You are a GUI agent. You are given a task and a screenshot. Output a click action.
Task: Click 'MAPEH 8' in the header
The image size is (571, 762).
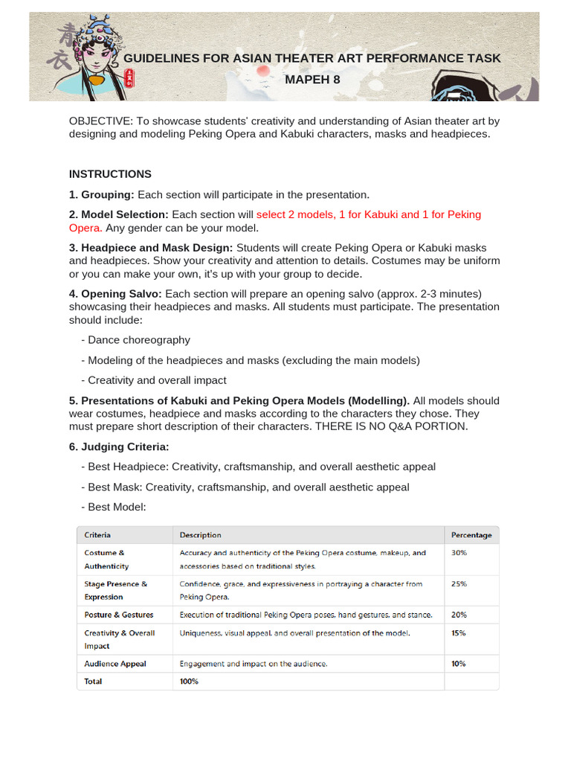pyautogui.click(x=312, y=79)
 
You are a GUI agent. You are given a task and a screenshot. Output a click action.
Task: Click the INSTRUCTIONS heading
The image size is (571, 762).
pyautogui.click(x=110, y=174)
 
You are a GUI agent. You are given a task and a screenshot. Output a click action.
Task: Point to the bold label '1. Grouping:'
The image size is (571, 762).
pyautogui.click(x=102, y=195)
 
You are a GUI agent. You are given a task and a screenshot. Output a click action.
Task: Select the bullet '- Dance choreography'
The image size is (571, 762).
pyautogui.click(x=135, y=340)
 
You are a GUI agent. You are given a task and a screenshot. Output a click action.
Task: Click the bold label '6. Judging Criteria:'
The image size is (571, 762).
pyautogui.click(x=119, y=446)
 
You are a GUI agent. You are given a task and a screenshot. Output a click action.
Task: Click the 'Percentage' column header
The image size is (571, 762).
pyautogui.click(x=471, y=535)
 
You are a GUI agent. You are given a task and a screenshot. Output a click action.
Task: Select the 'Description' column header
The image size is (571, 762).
pyautogui.click(x=200, y=535)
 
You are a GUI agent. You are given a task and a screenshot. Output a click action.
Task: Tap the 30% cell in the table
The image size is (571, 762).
pyautogui.click(x=459, y=553)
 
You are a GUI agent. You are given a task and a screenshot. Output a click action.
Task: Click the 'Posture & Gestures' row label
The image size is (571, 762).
pyautogui.click(x=119, y=615)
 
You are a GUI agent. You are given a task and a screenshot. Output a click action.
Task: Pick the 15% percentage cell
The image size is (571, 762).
pyautogui.click(x=459, y=633)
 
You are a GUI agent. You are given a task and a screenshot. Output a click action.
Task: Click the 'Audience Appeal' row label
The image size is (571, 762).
pyautogui.click(x=115, y=664)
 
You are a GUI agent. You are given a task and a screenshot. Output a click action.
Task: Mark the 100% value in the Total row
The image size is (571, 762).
pyautogui.click(x=189, y=682)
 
